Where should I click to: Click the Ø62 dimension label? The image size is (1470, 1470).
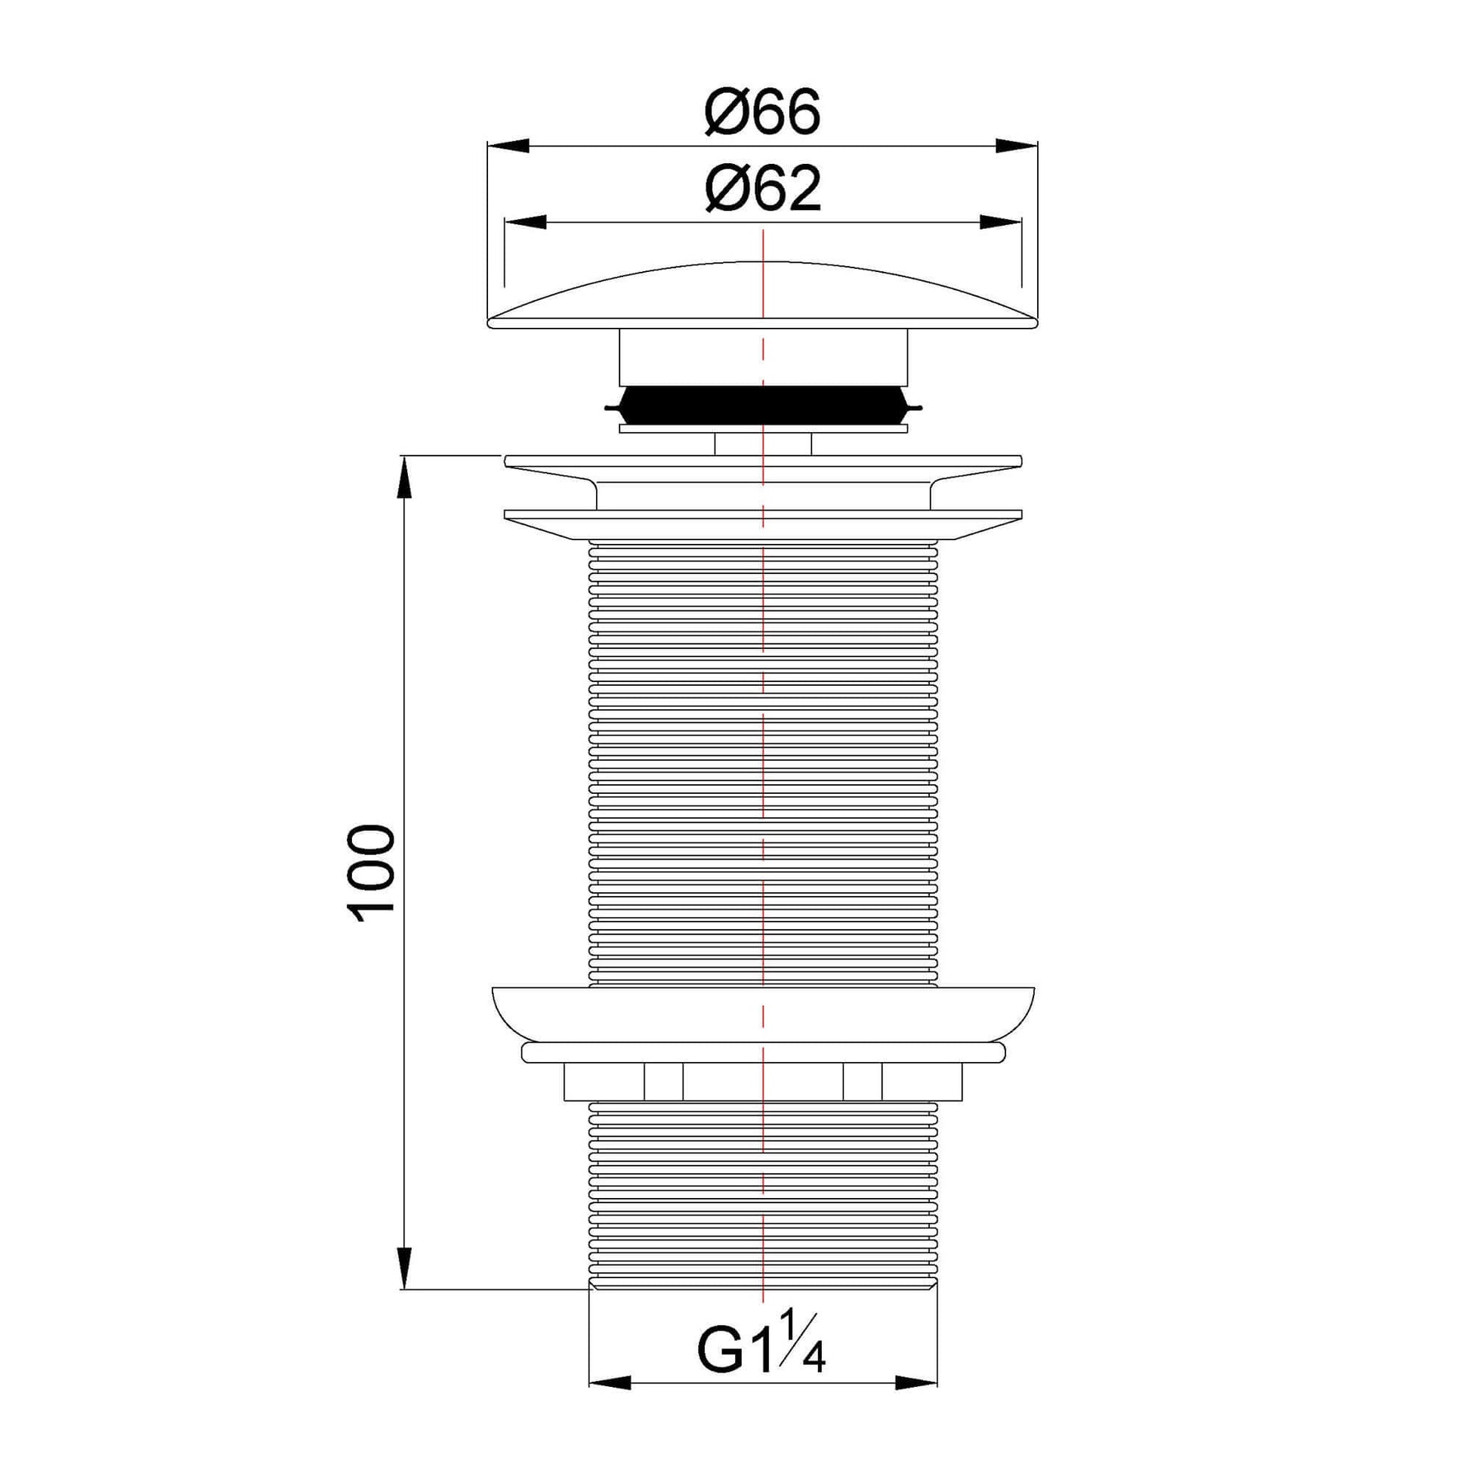tap(762, 190)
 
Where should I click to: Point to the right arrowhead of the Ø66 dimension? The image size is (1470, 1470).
tap(1018, 146)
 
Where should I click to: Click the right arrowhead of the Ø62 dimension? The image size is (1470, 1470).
tap(999, 222)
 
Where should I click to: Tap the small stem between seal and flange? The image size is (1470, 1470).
tap(763, 443)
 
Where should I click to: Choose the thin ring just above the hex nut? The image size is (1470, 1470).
tap(763, 1052)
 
